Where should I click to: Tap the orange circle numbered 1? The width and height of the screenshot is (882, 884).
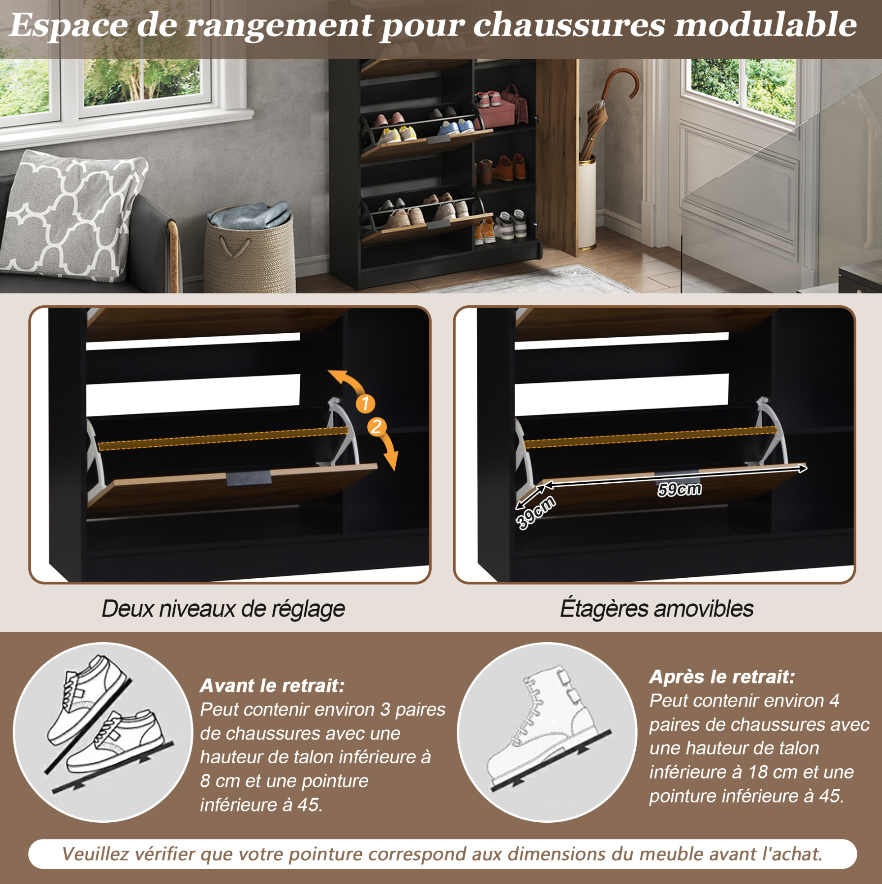click(x=365, y=403)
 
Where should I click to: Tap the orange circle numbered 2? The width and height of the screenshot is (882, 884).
click(x=376, y=426)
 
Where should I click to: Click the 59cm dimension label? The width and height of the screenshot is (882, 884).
click(x=679, y=489)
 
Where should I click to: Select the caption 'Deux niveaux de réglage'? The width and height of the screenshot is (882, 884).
click(x=223, y=608)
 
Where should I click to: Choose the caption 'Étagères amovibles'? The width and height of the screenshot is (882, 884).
click(x=656, y=608)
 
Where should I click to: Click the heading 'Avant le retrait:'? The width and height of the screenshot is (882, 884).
click(x=272, y=685)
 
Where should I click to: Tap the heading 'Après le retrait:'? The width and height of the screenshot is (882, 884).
click(x=722, y=676)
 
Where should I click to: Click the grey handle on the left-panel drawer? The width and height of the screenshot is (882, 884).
click(x=249, y=478)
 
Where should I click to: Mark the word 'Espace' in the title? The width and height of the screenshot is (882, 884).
click(x=68, y=26)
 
